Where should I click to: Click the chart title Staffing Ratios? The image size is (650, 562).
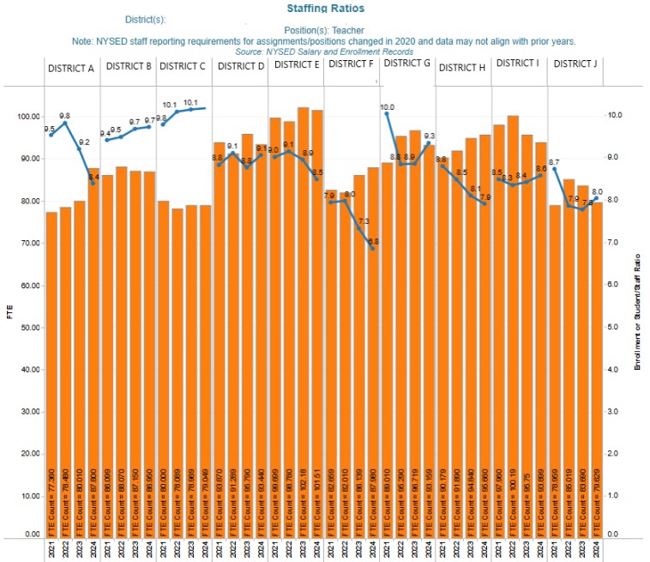click(x=326, y=8)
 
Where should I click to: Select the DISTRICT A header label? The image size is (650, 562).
click(x=71, y=67)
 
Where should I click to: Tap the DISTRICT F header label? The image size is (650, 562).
click(x=351, y=63)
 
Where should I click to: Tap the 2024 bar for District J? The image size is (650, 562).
click(x=596, y=369)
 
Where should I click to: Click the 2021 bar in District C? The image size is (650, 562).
click(x=163, y=369)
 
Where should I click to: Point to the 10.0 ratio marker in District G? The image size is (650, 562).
click(x=387, y=114)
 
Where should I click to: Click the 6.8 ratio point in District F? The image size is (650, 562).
click(x=373, y=247)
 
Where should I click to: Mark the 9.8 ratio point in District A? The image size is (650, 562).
click(x=65, y=123)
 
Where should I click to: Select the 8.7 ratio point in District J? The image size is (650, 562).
click(x=554, y=169)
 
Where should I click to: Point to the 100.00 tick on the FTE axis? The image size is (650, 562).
click(x=26, y=117)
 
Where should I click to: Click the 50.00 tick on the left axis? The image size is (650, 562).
click(x=27, y=328)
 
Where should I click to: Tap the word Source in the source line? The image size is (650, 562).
click(x=250, y=51)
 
